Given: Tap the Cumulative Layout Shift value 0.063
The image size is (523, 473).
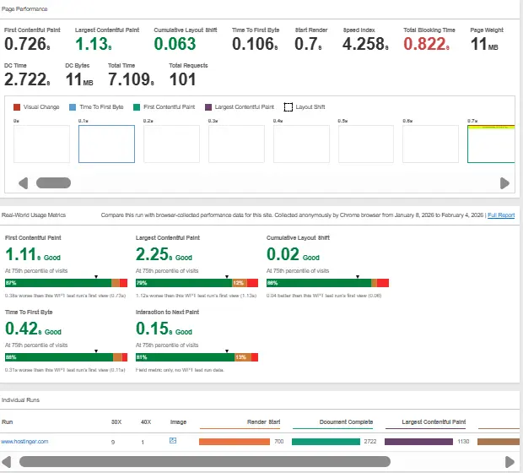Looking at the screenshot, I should pyautogui.click(x=175, y=44).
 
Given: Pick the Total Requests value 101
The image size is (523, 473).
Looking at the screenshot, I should pyautogui.click(x=182, y=79).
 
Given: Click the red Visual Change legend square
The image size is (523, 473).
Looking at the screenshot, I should pyautogui.click(x=17, y=107).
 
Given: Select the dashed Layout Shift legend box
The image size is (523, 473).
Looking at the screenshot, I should pyautogui.click(x=288, y=107).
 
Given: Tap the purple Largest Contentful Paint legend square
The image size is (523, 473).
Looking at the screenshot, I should pyautogui.click(x=209, y=107).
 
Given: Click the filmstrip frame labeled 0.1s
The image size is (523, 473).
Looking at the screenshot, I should pyautogui.click(x=106, y=144).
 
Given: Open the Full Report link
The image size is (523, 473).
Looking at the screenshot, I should pyautogui.click(x=500, y=215).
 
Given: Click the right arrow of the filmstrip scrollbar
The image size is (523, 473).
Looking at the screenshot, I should pyautogui.click(x=504, y=183).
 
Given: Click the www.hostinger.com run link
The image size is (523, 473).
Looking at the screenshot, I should pyautogui.click(x=24, y=442).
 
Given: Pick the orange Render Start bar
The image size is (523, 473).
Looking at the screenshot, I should pyautogui.click(x=233, y=441).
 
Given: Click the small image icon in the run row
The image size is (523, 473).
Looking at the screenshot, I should pyautogui.click(x=173, y=441).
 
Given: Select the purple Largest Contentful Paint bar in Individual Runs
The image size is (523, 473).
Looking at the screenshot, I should pyautogui.click(x=418, y=441).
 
